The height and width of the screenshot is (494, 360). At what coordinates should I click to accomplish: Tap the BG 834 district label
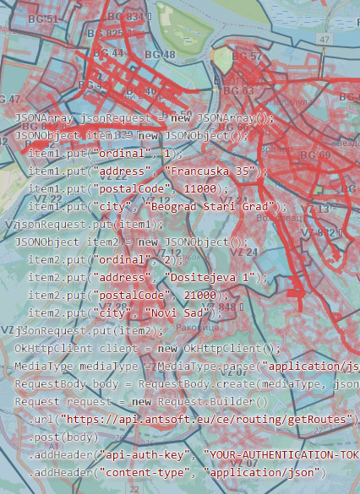pos(125,17)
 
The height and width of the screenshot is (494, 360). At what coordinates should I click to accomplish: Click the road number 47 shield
pos(325,40)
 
